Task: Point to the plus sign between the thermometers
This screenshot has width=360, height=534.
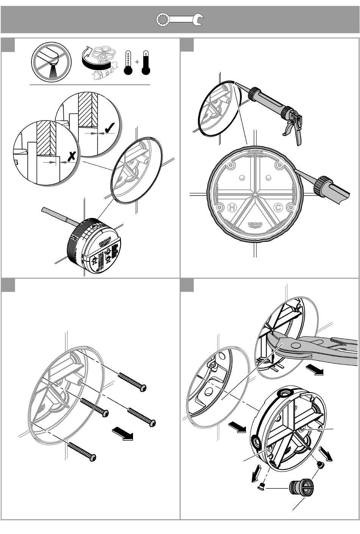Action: pos(137,62)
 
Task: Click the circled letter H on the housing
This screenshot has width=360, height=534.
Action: pos(232,207)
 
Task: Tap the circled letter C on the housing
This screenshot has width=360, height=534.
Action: pos(278,207)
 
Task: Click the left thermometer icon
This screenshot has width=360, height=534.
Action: pos(128,63)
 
